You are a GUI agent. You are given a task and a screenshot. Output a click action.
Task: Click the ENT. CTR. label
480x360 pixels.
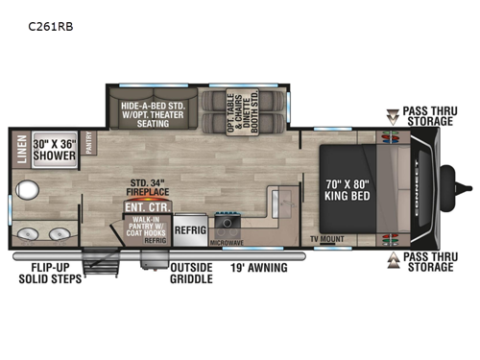[141, 205]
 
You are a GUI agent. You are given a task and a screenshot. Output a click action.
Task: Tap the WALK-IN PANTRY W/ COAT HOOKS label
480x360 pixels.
[146, 228]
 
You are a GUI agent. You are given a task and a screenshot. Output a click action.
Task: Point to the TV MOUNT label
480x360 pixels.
[326, 237]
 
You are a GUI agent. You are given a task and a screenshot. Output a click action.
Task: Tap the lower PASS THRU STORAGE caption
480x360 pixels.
[428, 262]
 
